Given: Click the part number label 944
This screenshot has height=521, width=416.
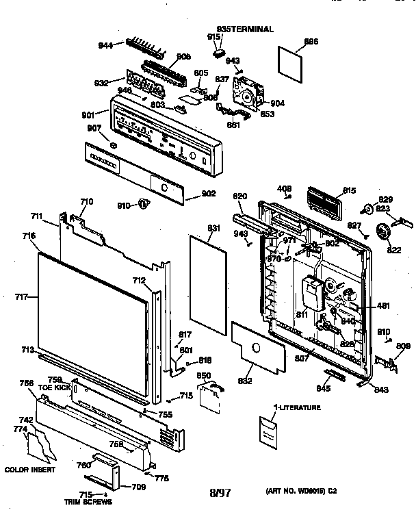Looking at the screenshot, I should pos(105,46).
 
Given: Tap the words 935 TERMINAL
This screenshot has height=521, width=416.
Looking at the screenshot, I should pos(245,29).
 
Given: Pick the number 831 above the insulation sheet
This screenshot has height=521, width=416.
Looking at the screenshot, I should pos(213,228).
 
